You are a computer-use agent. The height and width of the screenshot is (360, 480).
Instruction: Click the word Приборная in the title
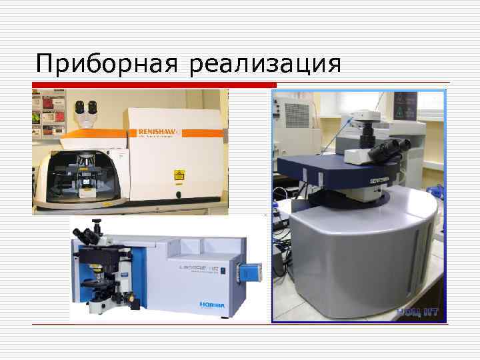tap(107, 64)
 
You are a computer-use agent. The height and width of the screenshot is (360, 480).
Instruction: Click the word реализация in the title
tap(265, 64)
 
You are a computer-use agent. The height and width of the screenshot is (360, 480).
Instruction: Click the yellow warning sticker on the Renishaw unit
tap(177, 173)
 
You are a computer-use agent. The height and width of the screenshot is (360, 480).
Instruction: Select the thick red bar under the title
tap(154, 85)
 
